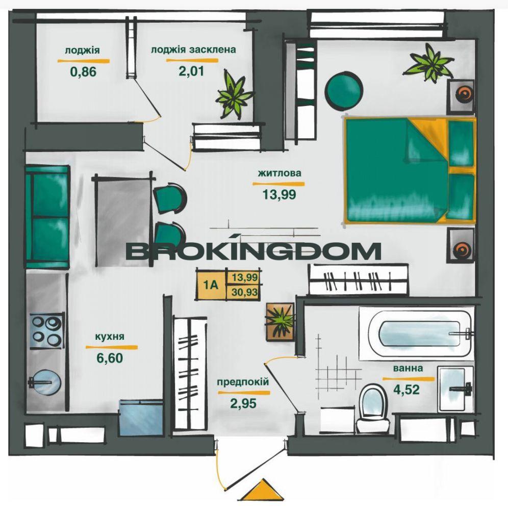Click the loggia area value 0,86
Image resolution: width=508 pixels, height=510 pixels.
tap(83, 71)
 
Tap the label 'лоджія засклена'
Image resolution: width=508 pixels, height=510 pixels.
tap(193, 50)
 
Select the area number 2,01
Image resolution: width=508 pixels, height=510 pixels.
tap(192, 70)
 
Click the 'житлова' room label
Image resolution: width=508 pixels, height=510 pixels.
tap(280, 173)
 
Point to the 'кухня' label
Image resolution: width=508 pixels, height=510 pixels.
tap(110, 336)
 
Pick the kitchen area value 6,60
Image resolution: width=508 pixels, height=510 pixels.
tap(110, 358)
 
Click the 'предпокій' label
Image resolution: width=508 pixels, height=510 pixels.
tap(243, 382)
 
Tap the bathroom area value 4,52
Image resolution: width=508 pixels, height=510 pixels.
tap(407, 389)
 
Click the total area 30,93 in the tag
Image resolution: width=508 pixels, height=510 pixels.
tap(245, 292)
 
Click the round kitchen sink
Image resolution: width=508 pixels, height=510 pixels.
tap(46, 382)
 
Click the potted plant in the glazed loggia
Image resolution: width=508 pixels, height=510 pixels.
tap(233, 95)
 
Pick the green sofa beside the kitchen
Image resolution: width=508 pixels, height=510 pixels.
tap(47, 217)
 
